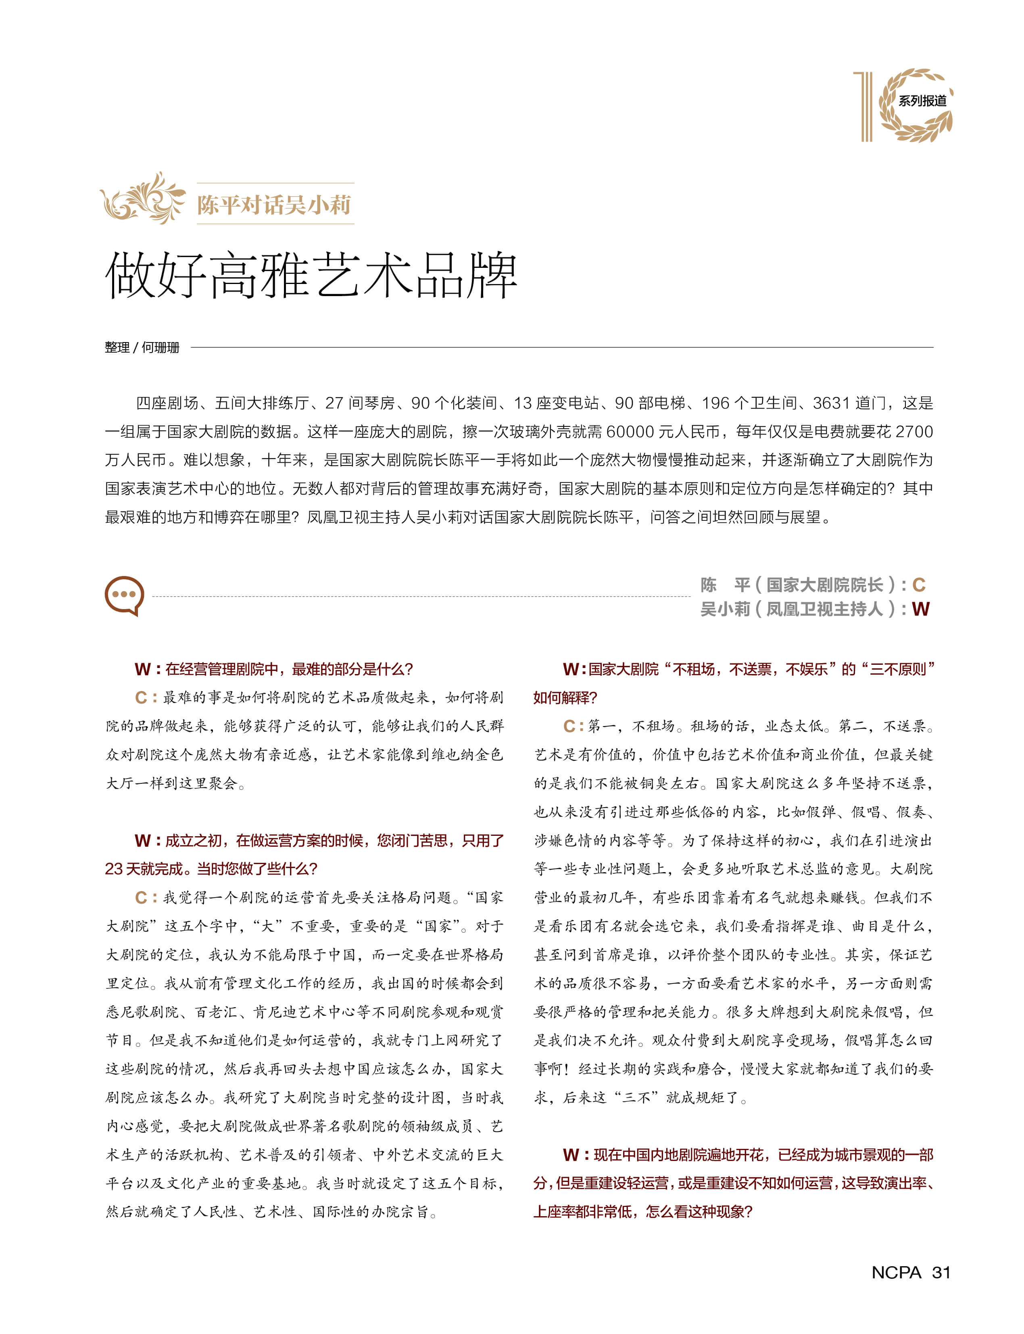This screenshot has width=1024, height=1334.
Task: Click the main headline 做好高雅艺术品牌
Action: pos(311,277)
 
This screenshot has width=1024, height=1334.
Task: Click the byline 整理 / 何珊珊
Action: pos(142,348)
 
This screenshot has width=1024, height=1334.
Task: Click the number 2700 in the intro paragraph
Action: pos(914,432)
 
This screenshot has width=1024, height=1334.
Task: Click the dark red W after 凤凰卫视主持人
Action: pos(920,609)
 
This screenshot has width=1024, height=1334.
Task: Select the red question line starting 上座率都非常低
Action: pos(642,1212)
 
